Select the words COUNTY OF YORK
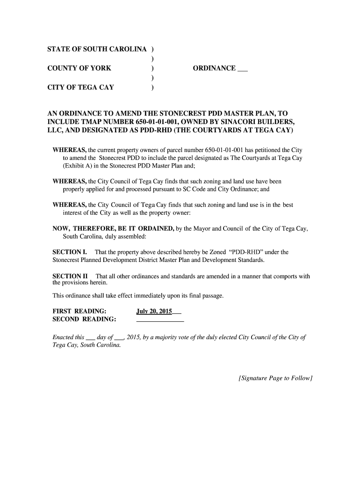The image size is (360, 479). [x=79, y=68]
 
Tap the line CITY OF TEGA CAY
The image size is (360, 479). [x=80, y=87]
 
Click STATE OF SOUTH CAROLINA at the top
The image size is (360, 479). [x=97, y=49]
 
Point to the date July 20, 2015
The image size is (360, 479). [x=154, y=311]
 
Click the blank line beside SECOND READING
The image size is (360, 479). [x=160, y=320]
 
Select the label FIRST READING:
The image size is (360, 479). [x=79, y=311]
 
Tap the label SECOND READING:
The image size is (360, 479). [x=84, y=319]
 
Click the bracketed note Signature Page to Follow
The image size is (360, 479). [x=274, y=378]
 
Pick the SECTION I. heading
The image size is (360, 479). [x=70, y=252]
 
